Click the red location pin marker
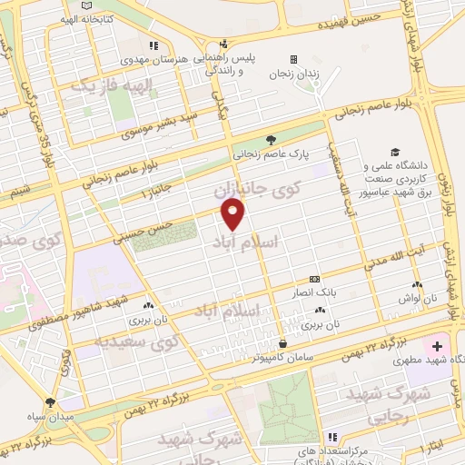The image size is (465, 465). coord(233,214)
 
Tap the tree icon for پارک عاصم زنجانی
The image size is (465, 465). coord(271,140)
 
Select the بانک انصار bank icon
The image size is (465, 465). coord(314,279)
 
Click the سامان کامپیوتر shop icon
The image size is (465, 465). coord(284,343)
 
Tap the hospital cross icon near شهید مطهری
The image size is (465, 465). coord(438,347)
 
